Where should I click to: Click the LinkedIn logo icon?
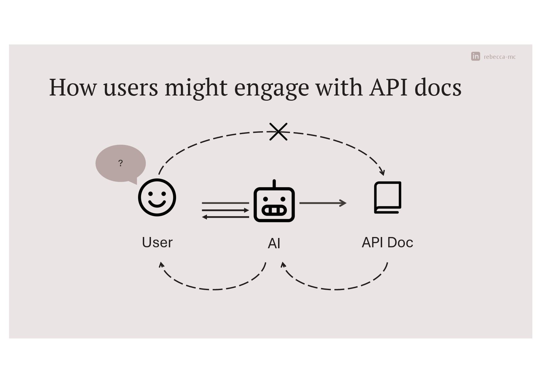[x=475, y=56]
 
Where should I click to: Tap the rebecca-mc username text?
[x=500, y=57]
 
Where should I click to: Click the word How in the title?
[x=73, y=87]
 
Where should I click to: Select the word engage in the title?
[x=271, y=88]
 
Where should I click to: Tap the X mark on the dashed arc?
[x=278, y=132]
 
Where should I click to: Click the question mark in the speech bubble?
[x=120, y=163]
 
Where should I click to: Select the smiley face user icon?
[x=157, y=197]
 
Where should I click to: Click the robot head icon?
[x=274, y=204]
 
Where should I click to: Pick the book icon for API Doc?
[x=388, y=197]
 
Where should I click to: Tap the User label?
[x=157, y=242]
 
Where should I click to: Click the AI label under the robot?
[x=274, y=243]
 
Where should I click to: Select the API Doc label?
[x=387, y=242]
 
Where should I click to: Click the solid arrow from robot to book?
[x=322, y=203]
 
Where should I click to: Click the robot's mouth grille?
[x=274, y=210]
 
